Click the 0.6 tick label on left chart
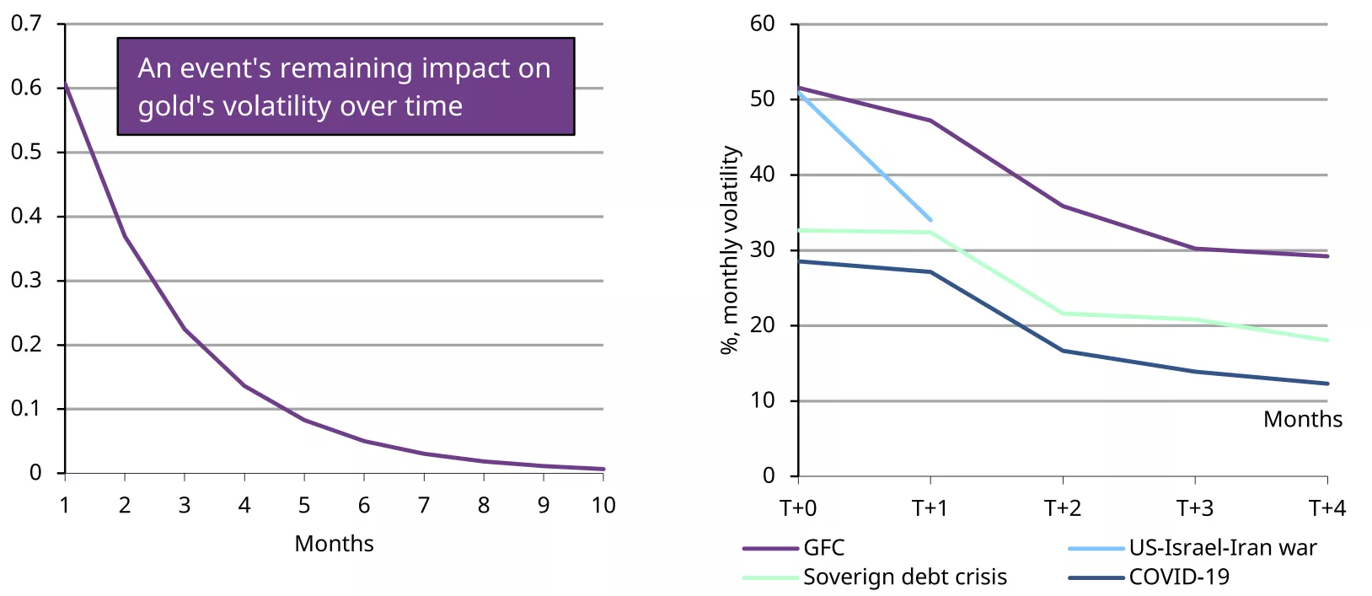[x=25, y=88]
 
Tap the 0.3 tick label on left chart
[x=25, y=280]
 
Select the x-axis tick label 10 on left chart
[x=603, y=506]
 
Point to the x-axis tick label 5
[x=304, y=506]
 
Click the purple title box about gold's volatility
[x=346, y=87]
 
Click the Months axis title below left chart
[x=334, y=544]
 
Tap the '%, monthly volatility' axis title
[x=730, y=250]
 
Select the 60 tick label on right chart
[x=762, y=24]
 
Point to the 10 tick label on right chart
[x=762, y=400]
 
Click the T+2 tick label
[x=1063, y=508]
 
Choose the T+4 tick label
[x=1327, y=508]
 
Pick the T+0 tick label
[x=797, y=508]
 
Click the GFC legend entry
[x=823, y=548]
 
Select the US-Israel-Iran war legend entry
[x=1222, y=548]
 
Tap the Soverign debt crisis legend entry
[x=904, y=577]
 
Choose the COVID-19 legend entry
[x=1179, y=577]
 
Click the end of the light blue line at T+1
[x=930, y=220]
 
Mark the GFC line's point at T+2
[x=1063, y=206]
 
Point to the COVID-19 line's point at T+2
[x=1063, y=351]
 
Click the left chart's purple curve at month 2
[x=125, y=236]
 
